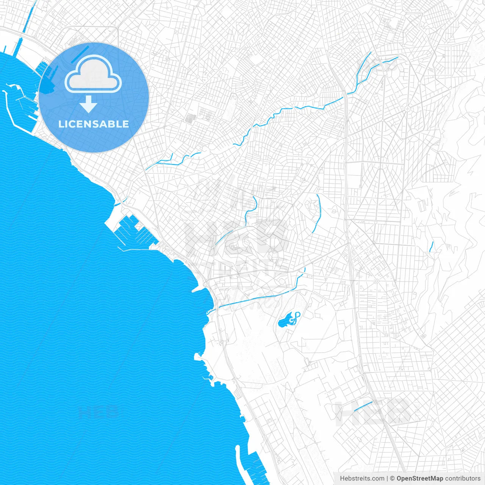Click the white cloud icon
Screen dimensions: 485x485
93,74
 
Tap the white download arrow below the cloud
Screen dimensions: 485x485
89,104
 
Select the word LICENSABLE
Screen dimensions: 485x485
94,124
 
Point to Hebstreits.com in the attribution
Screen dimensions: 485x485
362,479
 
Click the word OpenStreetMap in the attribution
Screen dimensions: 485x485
420,479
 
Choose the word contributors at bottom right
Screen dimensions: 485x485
463,479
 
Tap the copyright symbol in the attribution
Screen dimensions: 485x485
393,479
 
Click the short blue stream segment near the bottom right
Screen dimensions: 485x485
363,406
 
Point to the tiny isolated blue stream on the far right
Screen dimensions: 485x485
431,247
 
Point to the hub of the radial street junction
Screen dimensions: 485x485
408,110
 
